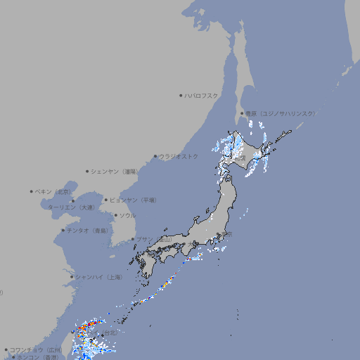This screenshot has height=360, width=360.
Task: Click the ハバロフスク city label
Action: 202,95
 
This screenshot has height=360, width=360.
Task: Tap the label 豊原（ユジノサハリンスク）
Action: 280,113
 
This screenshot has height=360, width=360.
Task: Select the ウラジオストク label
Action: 179,156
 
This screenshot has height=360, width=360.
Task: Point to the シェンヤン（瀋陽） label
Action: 115,171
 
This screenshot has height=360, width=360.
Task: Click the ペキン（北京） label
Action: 54,191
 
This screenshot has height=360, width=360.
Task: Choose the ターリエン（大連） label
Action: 71,207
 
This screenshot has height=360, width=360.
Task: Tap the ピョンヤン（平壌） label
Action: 133,200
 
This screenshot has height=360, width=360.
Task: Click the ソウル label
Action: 127,215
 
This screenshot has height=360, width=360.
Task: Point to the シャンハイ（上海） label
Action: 98,277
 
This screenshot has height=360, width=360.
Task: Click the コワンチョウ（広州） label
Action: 35,349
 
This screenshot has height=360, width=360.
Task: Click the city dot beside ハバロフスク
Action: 181,95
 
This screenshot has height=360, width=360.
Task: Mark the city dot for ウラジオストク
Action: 155,156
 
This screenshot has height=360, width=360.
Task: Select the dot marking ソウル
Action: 115,215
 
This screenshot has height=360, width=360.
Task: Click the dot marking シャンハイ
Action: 72,277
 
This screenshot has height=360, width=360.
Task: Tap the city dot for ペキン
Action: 32,191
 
